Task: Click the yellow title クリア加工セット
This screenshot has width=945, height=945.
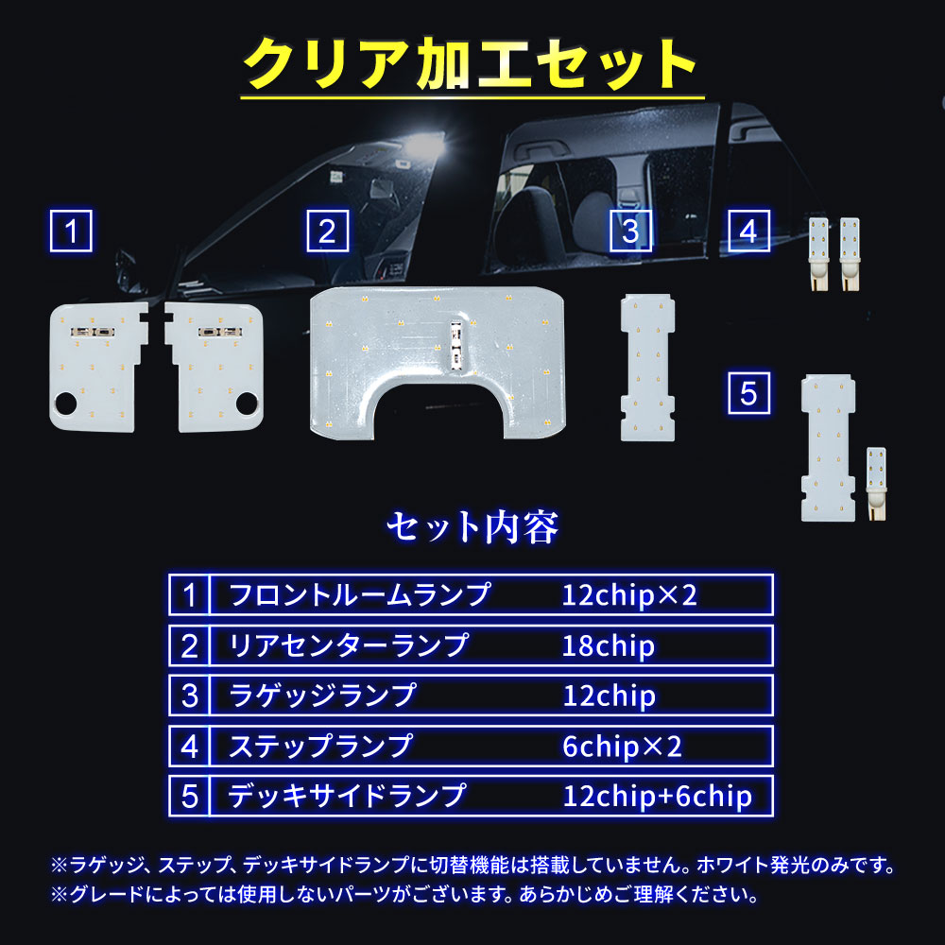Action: pos(471,63)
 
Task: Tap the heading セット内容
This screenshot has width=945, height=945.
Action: pos(472,526)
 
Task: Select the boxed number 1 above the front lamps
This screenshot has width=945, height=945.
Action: pos(71,231)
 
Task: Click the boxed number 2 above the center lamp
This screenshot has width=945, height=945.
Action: pos(328,231)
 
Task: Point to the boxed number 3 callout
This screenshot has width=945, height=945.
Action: pos(631,231)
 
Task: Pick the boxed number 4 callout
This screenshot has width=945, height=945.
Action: pos(749,231)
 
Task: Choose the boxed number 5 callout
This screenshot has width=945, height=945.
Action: pos(749,393)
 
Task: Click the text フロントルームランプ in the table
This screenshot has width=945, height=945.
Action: pos(360,594)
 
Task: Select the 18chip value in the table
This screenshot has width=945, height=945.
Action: pos(608,645)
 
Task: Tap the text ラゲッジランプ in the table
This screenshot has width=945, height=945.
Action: pos(322,696)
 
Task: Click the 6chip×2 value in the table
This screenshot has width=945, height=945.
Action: pos(622,747)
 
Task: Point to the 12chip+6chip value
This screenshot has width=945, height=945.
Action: pos(658,796)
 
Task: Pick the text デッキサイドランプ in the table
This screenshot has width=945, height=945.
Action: pos(347,796)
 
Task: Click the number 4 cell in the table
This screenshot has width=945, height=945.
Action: pos(189,747)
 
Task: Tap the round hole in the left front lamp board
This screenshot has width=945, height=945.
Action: pos(65,404)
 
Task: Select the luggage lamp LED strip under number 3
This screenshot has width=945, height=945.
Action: pos(648,367)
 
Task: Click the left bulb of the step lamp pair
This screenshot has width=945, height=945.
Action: pos(818,253)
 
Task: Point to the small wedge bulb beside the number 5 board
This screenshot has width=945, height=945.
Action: pos(876,483)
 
